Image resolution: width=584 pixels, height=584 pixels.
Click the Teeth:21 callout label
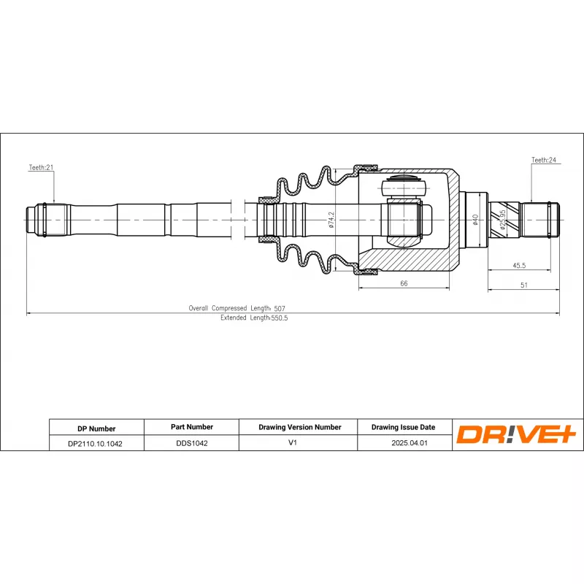click(x=42, y=167)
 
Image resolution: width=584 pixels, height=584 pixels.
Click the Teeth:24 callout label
click(x=544, y=159)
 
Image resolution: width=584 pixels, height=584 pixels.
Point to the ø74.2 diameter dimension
click(x=331, y=220)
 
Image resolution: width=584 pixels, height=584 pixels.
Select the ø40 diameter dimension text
click(x=475, y=219)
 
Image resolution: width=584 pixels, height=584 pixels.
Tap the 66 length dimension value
click(x=403, y=284)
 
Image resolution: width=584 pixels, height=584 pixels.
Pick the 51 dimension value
click(x=523, y=285)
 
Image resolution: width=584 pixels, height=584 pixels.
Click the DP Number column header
click(x=96, y=429)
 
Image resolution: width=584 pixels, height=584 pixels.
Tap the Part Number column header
click(x=191, y=427)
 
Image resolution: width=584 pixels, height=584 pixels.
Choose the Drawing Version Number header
click(x=300, y=427)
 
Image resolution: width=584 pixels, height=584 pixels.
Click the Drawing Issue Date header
click(x=403, y=427)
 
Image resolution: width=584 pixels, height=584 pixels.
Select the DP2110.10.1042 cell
click(x=95, y=443)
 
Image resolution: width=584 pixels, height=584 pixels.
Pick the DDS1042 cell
click(x=191, y=443)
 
